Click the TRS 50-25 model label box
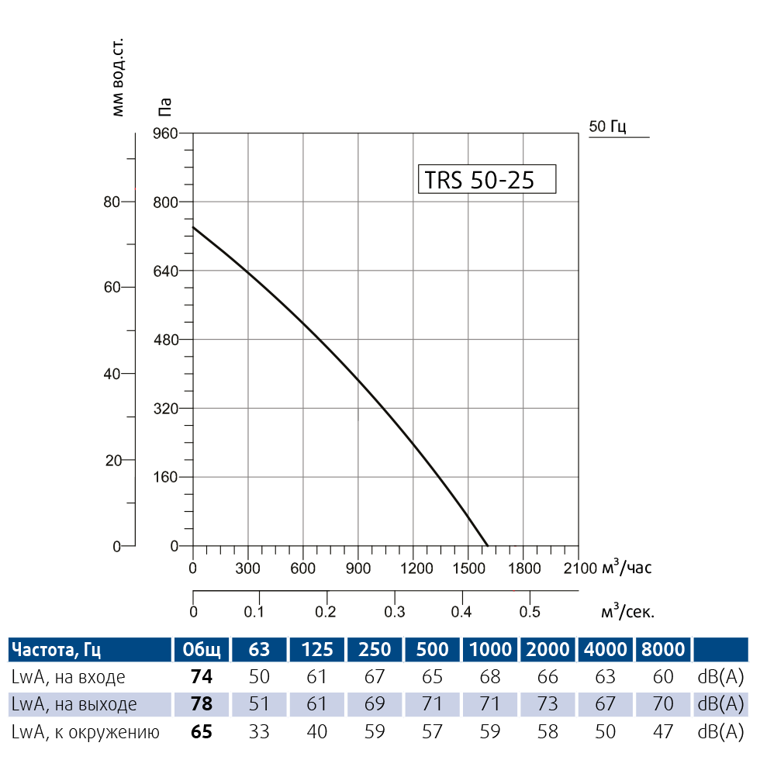487,179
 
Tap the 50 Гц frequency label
607,126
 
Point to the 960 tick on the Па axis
167,133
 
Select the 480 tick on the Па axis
167,340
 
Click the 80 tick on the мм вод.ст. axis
111,202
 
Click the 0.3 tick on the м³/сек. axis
395,612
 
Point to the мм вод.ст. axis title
118,75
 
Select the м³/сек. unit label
627,612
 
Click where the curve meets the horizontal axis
488,546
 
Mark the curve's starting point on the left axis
193,227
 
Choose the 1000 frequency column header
490,649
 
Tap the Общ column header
201,649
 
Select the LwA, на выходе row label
74,704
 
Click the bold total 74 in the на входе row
201,677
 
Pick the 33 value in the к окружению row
259,731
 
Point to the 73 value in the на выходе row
548,704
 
